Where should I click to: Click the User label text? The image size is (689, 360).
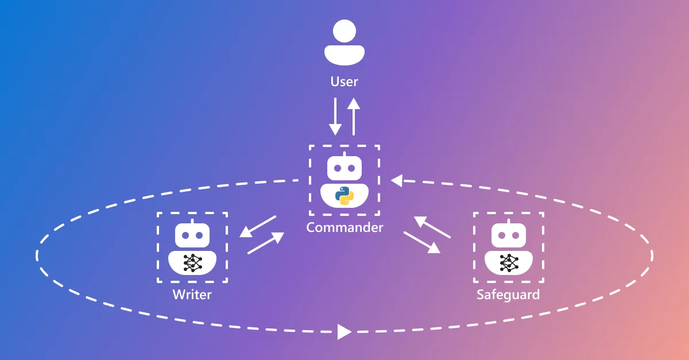344,82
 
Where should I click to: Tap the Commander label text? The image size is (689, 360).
344,227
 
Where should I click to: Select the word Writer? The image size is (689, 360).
192,295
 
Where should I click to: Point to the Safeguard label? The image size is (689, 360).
508,295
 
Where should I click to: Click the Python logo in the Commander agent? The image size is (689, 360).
344,196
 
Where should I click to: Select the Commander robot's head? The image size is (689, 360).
344,168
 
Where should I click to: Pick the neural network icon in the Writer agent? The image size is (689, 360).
192,262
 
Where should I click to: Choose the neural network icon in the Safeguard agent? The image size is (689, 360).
508,262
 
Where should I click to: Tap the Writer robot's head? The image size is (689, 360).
192,235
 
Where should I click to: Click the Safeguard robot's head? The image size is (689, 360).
508,235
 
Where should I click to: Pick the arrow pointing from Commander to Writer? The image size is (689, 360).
258,226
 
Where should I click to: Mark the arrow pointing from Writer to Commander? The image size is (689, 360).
266,243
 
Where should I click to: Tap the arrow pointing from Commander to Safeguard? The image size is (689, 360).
422,242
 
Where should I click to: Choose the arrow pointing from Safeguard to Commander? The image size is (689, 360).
432,227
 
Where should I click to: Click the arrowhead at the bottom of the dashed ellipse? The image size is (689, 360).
344,331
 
